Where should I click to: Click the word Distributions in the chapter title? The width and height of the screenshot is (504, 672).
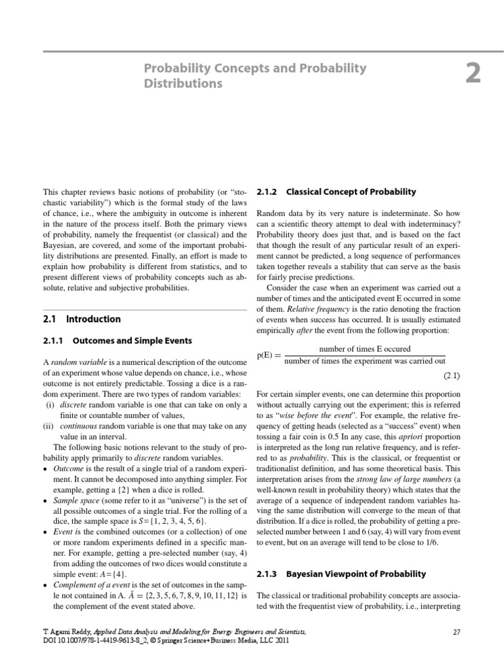[183, 84]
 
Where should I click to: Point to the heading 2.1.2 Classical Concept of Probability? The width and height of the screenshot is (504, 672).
[336, 192]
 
